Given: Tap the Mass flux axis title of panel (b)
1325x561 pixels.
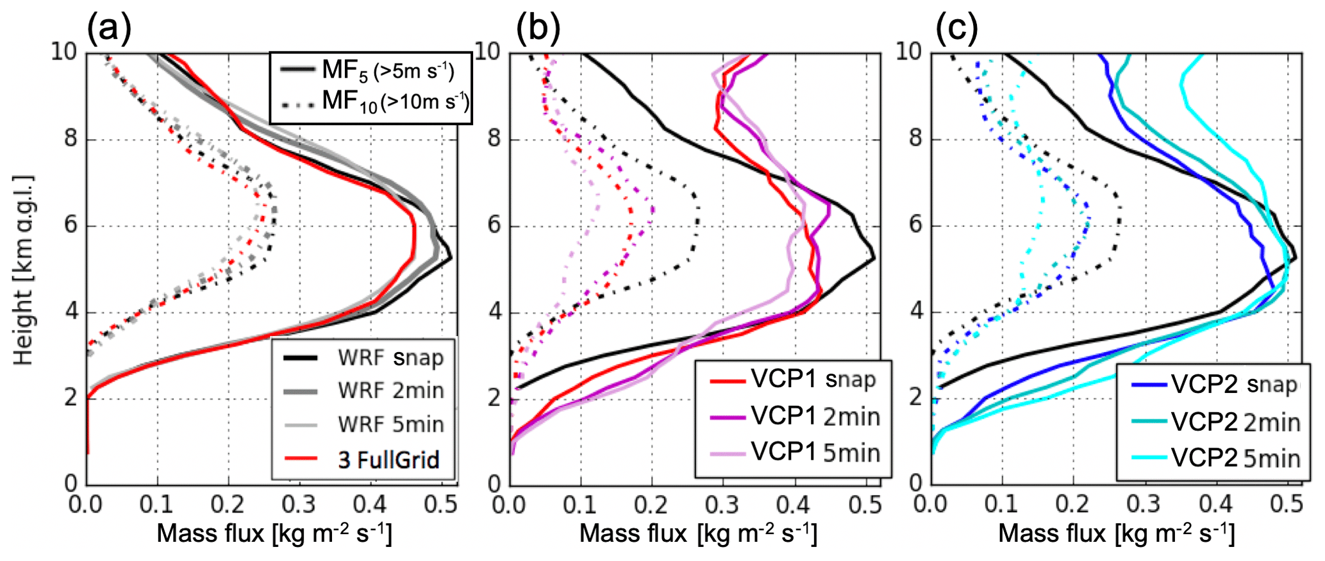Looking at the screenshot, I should point(698,533).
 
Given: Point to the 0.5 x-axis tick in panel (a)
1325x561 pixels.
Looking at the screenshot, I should point(441,505).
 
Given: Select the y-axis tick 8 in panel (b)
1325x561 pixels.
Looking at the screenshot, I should point(494,138).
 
